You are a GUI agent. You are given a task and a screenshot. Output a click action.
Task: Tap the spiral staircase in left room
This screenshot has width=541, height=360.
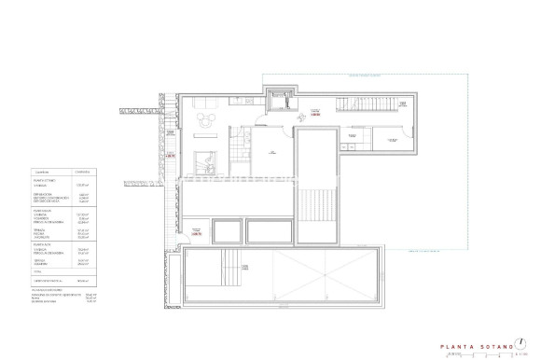[206, 160]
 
